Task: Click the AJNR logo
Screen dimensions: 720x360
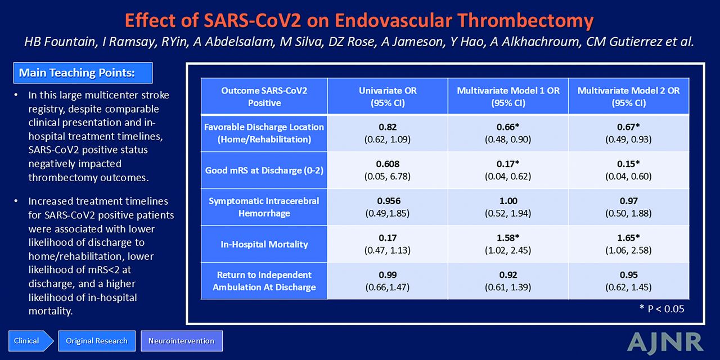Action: (x=665, y=343)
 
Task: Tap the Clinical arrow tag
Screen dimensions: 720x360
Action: (x=30, y=341)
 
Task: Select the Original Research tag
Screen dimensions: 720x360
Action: (x=97, y=341)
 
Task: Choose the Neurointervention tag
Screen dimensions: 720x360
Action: (x=181, y=341)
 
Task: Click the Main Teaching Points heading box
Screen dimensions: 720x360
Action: (x=83, y=73)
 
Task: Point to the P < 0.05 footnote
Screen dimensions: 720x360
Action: (x=662, y=309)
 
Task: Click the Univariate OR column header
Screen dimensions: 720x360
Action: (x=388, y=96)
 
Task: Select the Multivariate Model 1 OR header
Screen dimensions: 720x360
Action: (x=508, y=96)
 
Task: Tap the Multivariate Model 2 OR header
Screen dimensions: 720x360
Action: (x=629, y=96)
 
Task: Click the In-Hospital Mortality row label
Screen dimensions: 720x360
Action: (x=264, y=244)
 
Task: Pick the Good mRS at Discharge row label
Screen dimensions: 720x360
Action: (x=264, y=170)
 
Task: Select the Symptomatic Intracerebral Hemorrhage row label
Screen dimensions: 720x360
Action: (x=264, y=207)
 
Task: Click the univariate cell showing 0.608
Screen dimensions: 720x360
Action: (x=388, y=170)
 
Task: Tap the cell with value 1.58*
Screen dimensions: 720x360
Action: (x=508, y=244)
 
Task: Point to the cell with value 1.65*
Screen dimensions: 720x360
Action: (x=629, y=244)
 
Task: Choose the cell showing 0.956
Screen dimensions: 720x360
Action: (x=388, y=207)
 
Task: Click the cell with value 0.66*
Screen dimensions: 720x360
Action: (x=508, y=133)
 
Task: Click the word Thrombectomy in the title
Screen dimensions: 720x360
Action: (x=525, y=20)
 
